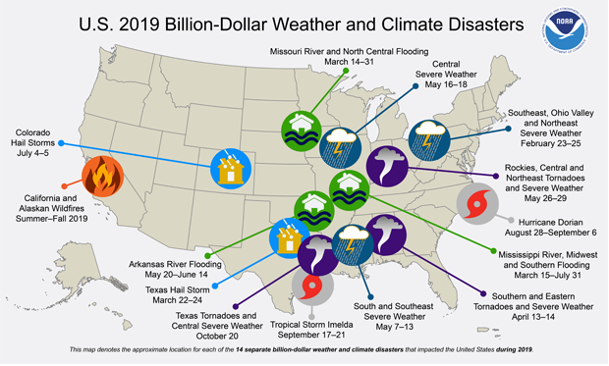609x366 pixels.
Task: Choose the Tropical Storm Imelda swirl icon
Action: coord(311,285)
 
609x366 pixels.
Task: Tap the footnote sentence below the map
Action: coord(304,350)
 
